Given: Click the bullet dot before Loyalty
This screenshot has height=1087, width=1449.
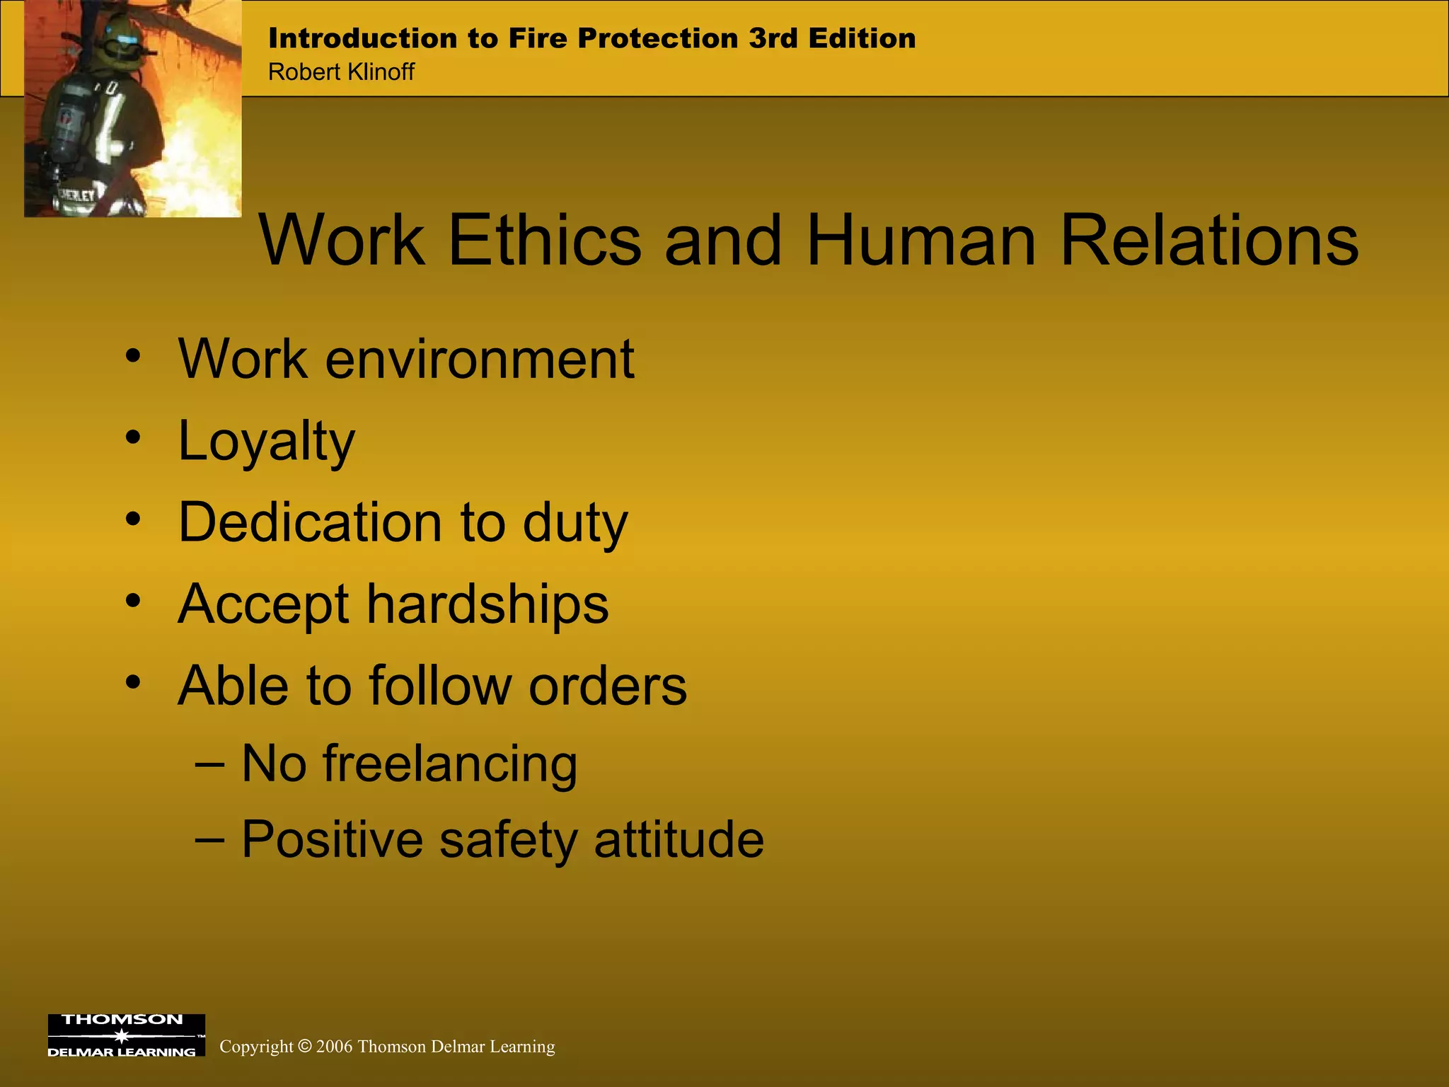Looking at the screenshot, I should tap(133, 437).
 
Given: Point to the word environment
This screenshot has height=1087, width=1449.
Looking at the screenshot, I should tap(480, 360).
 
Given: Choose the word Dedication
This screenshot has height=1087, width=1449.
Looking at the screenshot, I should tap(310, 522).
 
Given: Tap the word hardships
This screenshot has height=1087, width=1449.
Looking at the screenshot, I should tap(487, 604).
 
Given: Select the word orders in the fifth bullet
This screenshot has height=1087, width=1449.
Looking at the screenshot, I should tap(608, 686).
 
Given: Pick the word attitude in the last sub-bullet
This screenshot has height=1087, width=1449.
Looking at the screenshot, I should tap(679, 839).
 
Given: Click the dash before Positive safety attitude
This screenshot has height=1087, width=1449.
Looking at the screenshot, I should tap(209, 839).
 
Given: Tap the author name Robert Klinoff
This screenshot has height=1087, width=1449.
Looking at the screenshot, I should tap(341, 72).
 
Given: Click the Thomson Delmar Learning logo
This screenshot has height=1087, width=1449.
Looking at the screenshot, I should tap(126, 1035).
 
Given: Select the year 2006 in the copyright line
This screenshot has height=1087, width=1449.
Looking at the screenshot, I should tap(334, 1047).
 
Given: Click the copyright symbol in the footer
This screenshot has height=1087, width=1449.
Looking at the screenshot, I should tap(304, 1046).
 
